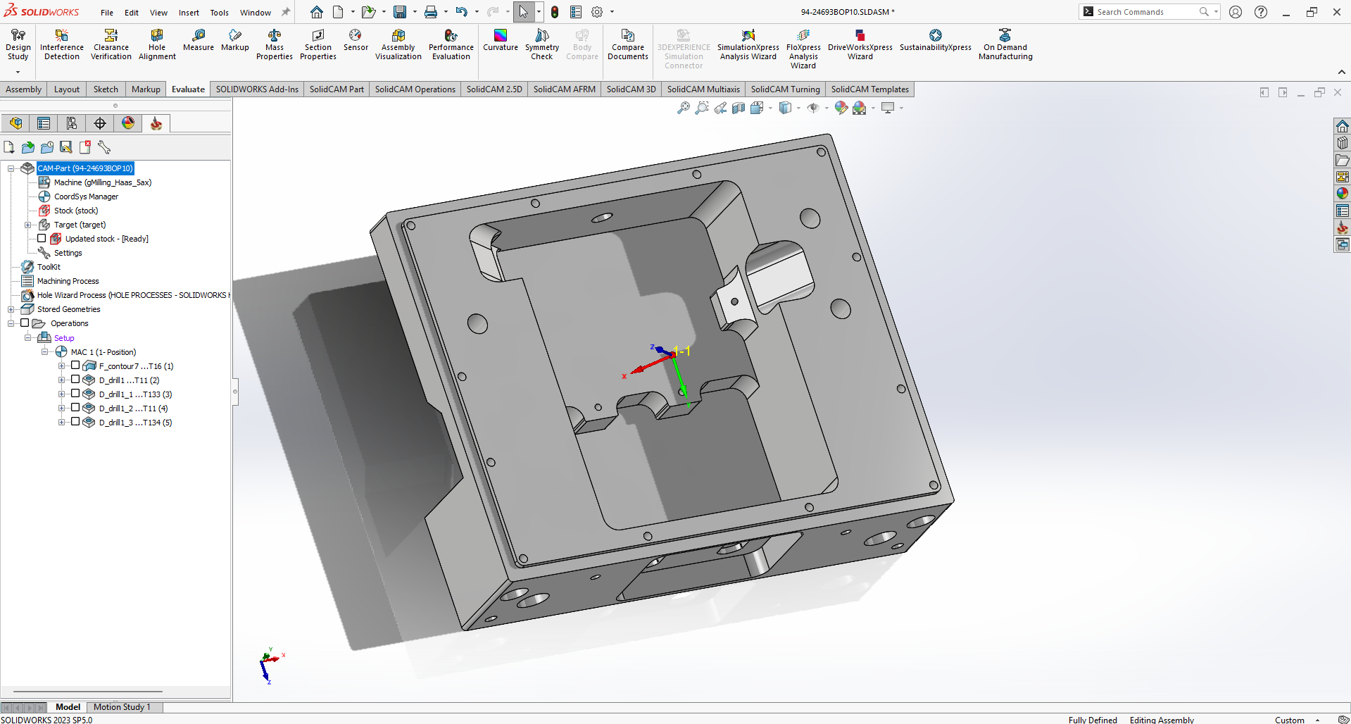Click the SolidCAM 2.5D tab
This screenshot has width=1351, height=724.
(494, 89)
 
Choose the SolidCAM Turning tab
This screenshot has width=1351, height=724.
(785, 89)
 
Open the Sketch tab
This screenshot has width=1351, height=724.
(106, 89)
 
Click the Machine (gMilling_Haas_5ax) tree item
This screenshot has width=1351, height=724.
(103, 182)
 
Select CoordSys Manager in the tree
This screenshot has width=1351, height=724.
(86, 196)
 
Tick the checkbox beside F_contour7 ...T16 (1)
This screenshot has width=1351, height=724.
(75, 366)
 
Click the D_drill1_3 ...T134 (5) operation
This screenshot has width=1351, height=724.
(135, 423)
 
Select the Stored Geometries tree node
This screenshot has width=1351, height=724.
(68, 309)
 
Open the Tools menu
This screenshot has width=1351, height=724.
(219, 13)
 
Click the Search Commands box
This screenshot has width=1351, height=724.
(1144, 12)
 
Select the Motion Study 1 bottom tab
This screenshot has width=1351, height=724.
(122, 707)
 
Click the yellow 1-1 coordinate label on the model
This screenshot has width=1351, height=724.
(681, 351)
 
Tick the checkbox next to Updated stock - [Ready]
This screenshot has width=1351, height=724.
(42, 239)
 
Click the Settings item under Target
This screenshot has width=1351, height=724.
(68, 253)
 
